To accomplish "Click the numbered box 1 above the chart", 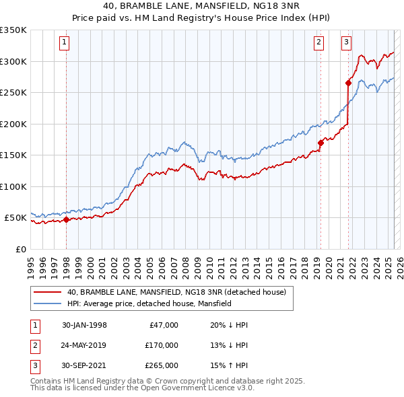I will (x=64, y=42).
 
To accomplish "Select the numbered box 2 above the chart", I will (x=318, y=42).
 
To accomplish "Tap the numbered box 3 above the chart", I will (x=346, y=42).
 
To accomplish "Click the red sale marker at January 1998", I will (x=67, y=219).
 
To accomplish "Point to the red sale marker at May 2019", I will (x=321, y=142).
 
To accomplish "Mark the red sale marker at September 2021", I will (x=349, y=83).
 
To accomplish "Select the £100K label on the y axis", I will (x=13, y=186).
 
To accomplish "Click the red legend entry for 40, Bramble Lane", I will (x=176, y=292).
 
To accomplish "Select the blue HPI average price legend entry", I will (x=149, y=303).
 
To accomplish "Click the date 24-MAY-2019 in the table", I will (x=84, y=345).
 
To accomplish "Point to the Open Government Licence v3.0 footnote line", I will (x=142, y=388).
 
